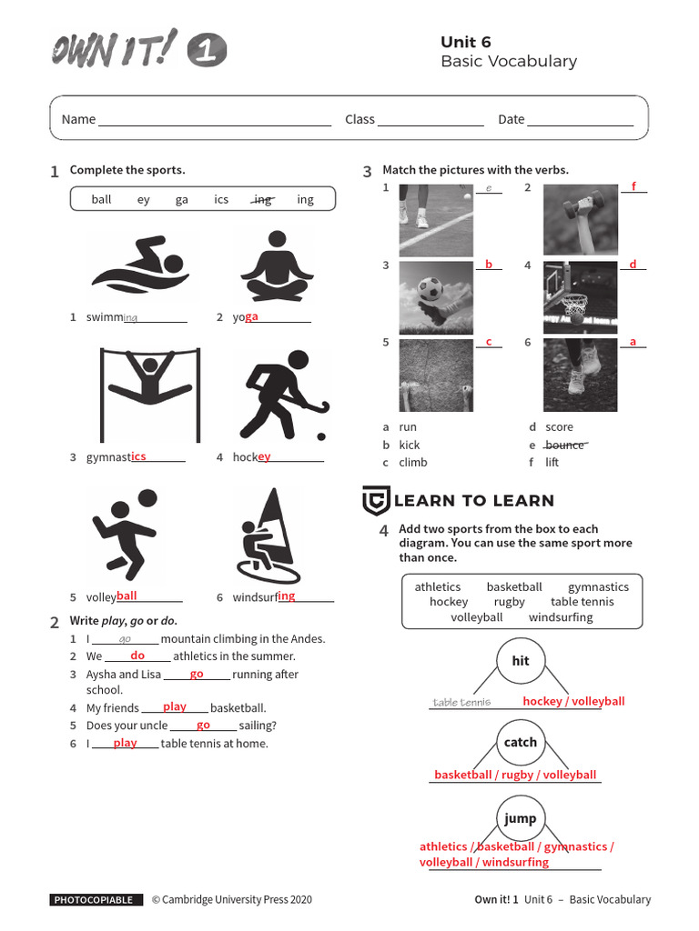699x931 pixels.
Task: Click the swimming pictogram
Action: (139, 263)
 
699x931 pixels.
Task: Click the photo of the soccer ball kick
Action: (435, 298)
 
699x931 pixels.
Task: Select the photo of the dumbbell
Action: (581, 220)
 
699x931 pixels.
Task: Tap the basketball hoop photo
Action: (581, 298)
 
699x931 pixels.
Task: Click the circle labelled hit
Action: (521, 662)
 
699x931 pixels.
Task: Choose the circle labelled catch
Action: (521, 743)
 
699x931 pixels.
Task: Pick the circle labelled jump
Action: (521, 818)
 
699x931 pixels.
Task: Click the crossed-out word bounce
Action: (565, 445)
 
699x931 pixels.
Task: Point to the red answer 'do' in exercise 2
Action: (137, 656)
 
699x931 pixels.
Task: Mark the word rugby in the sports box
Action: (509, 602)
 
